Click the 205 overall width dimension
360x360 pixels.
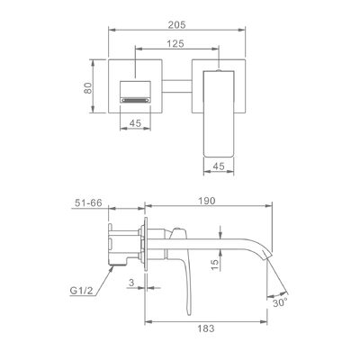pos(176,24)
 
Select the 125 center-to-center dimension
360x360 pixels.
pos(175,44)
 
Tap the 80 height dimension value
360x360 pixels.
pos(87,87)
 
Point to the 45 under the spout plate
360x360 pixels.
pos(135,123)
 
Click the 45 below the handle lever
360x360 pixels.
pos(219,166)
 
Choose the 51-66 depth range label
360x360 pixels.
pos(88,202)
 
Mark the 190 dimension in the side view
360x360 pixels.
pos(207,201)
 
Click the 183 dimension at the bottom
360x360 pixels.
pos(206,328)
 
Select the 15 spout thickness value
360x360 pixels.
pos(215,265)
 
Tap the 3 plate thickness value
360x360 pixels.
pos(131,283)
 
